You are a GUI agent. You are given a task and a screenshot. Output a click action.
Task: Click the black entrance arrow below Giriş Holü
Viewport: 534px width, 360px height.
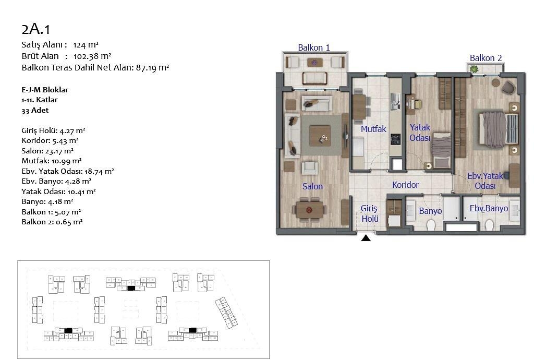pos(366,238)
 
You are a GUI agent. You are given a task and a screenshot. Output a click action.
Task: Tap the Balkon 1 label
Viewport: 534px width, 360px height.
pos(313,47)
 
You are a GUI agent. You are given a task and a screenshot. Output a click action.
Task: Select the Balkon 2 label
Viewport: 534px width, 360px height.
pos(486,58)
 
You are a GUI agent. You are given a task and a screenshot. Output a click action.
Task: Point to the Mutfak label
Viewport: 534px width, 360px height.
pos(373,129)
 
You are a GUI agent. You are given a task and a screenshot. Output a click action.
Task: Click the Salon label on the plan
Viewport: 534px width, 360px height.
pos(312,186)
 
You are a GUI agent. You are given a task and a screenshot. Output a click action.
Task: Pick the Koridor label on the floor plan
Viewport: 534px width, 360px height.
pos(405,185)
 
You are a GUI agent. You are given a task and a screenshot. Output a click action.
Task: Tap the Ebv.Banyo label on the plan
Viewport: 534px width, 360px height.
pos(489,209)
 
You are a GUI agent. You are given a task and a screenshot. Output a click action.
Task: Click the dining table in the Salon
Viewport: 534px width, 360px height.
pos(309,210)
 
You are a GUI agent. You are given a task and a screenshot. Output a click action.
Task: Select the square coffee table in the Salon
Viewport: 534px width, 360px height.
pos(320,136)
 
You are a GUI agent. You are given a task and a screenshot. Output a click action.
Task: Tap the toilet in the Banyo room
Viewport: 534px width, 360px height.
pos(431,224)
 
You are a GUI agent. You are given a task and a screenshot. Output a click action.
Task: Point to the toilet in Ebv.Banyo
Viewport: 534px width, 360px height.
pos(489,224)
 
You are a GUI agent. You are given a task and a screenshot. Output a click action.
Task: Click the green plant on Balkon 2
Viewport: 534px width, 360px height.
pos(474,69)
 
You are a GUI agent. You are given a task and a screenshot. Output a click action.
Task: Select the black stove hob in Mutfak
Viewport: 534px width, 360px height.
pos(395,139)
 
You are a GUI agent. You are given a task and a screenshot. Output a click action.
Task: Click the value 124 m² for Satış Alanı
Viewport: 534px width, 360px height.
pos(86,45)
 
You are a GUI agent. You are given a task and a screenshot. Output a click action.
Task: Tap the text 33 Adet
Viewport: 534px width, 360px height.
pos(35,111)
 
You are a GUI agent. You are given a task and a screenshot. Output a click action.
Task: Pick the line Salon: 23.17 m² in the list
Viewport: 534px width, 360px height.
pos(47,151)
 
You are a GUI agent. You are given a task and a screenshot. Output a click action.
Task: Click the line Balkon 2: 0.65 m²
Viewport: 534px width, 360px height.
pos(52,222)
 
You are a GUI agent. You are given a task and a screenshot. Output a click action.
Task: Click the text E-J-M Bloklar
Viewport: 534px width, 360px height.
pos(45,90)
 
